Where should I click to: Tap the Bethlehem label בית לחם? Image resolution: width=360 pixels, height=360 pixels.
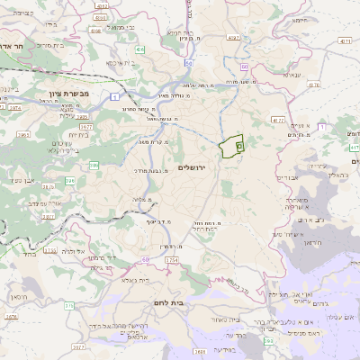click(168, 303)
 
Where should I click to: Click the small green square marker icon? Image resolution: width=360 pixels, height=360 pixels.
click(239, 145)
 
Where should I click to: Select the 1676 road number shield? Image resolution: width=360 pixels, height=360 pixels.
click(11, 317)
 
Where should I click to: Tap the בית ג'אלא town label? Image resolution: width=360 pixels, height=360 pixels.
click(142, 280)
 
